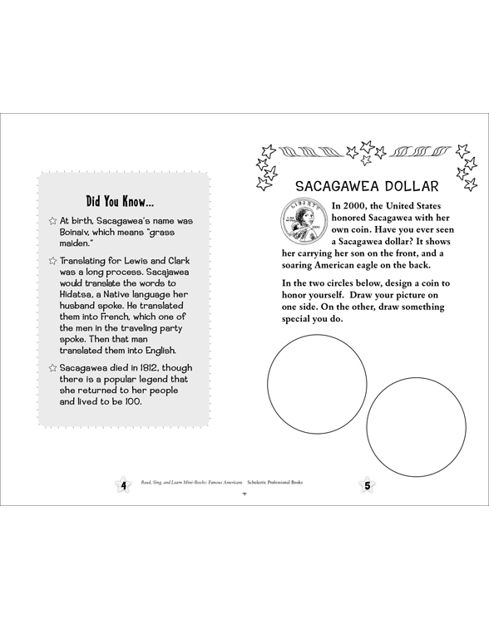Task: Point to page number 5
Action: [x=364, y=485]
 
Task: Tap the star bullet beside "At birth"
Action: [x=52, y=221]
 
